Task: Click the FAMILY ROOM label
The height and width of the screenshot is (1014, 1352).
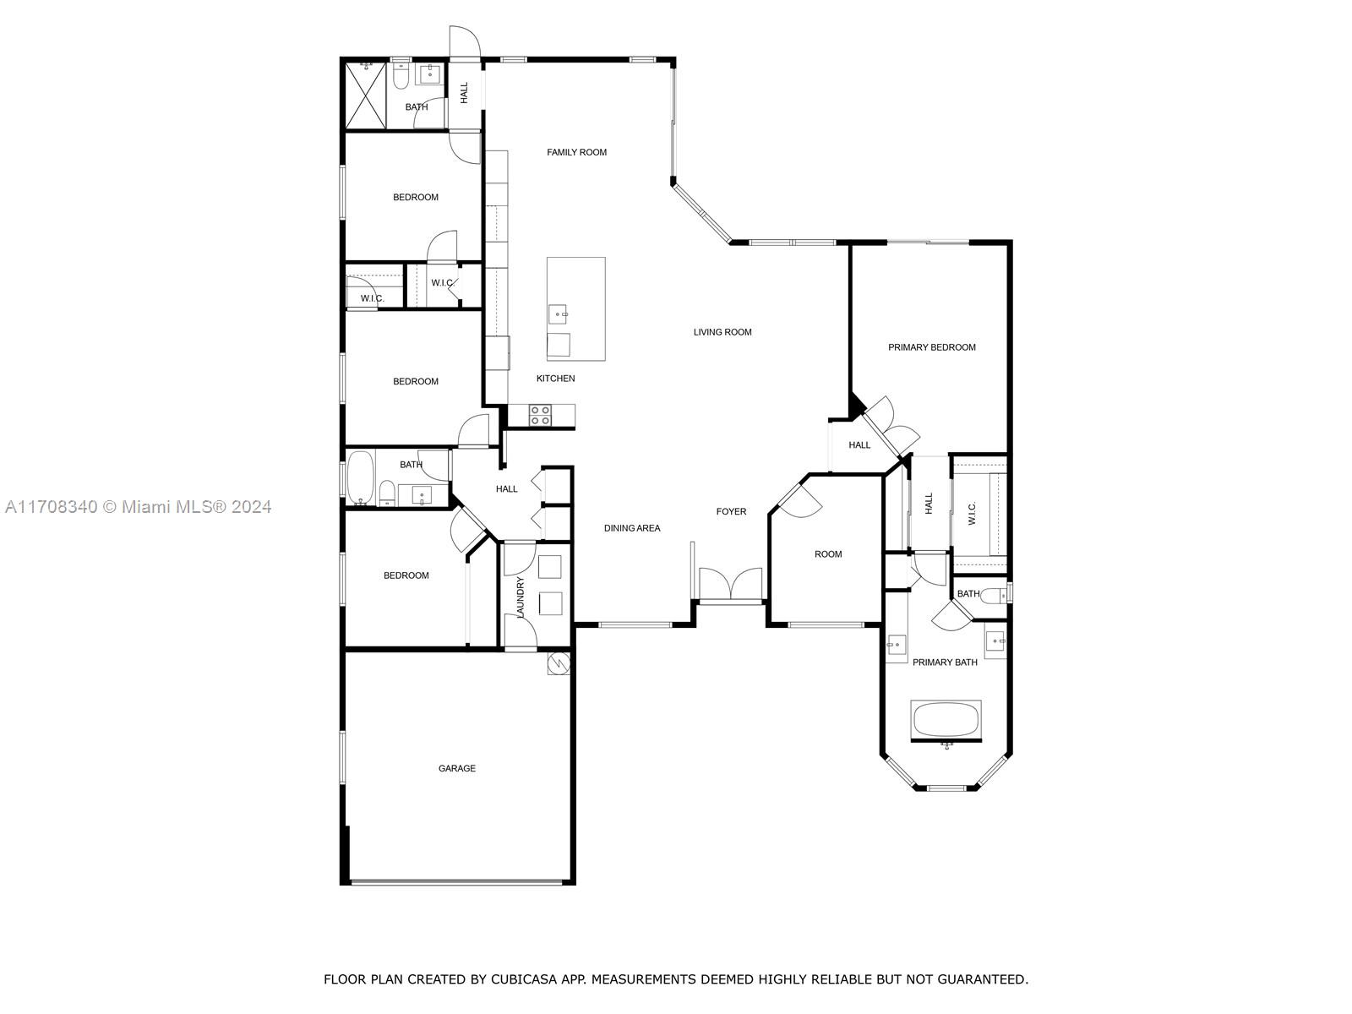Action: point(576,152)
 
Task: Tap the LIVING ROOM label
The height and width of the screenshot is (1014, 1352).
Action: point(722,332)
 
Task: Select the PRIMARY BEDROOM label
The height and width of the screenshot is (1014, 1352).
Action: point(931,347)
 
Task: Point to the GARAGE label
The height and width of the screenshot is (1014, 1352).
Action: point(457,768)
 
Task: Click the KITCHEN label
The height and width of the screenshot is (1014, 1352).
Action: point(555,378)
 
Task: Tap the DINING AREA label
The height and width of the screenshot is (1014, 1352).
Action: point(632,527)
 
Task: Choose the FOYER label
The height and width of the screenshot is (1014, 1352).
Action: point(731,511)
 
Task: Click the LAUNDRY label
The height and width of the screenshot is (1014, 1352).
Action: point(521,597)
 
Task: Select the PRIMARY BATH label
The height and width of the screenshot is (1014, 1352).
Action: point(945,662)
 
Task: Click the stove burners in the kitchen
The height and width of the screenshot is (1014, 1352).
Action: point(540,416)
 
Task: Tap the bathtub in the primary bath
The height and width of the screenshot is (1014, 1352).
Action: point(946,719)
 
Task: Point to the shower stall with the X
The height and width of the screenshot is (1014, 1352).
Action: point(365,95)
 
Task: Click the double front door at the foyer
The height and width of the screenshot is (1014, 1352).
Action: point(731,584)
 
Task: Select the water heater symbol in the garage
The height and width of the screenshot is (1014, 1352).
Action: point(559,663)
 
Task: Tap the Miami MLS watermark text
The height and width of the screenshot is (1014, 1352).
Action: point(138,507)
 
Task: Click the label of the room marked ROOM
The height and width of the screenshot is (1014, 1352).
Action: point(828,554)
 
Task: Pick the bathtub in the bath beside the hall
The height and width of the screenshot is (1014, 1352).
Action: point(360,477)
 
